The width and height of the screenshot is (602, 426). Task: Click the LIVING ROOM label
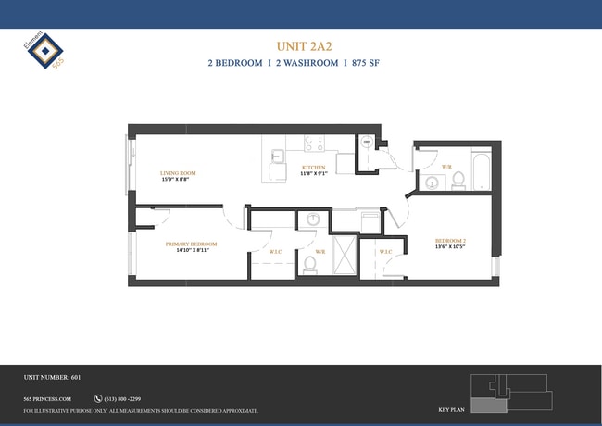click(x=178, y=172)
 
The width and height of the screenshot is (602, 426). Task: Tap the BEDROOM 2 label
click(x=450, y=241)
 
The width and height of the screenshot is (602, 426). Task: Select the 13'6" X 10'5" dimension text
click(x=450, y=247)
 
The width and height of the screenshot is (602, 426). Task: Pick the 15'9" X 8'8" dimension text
click(x=178, y=179)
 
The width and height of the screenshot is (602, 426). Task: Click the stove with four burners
click(x=314, y=145)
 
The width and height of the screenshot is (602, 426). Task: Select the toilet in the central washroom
click(x=310, y=265)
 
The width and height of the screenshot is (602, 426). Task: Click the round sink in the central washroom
click(x=313, y=220)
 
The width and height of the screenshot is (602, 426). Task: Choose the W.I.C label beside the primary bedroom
click(x=275, y=252)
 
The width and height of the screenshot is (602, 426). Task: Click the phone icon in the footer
click(x=97, y=398)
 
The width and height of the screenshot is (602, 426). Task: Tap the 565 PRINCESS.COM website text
click(x=47, y=398)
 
